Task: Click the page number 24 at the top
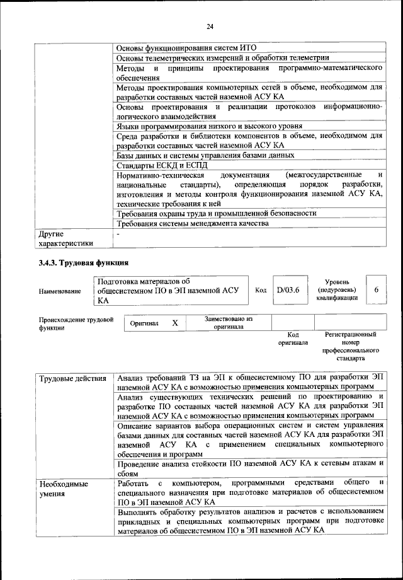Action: point(210,26)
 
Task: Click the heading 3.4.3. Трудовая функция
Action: point(84,262)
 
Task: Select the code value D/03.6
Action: point(287,290)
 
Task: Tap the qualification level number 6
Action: point(376,290)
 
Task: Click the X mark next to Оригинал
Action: point(175,323)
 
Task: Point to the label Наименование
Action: point(60,291)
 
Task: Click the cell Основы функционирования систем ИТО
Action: point(187,47)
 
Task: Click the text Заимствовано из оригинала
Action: point(228,323)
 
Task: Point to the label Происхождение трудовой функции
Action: point(76,324)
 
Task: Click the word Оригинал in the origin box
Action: point(144,323)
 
